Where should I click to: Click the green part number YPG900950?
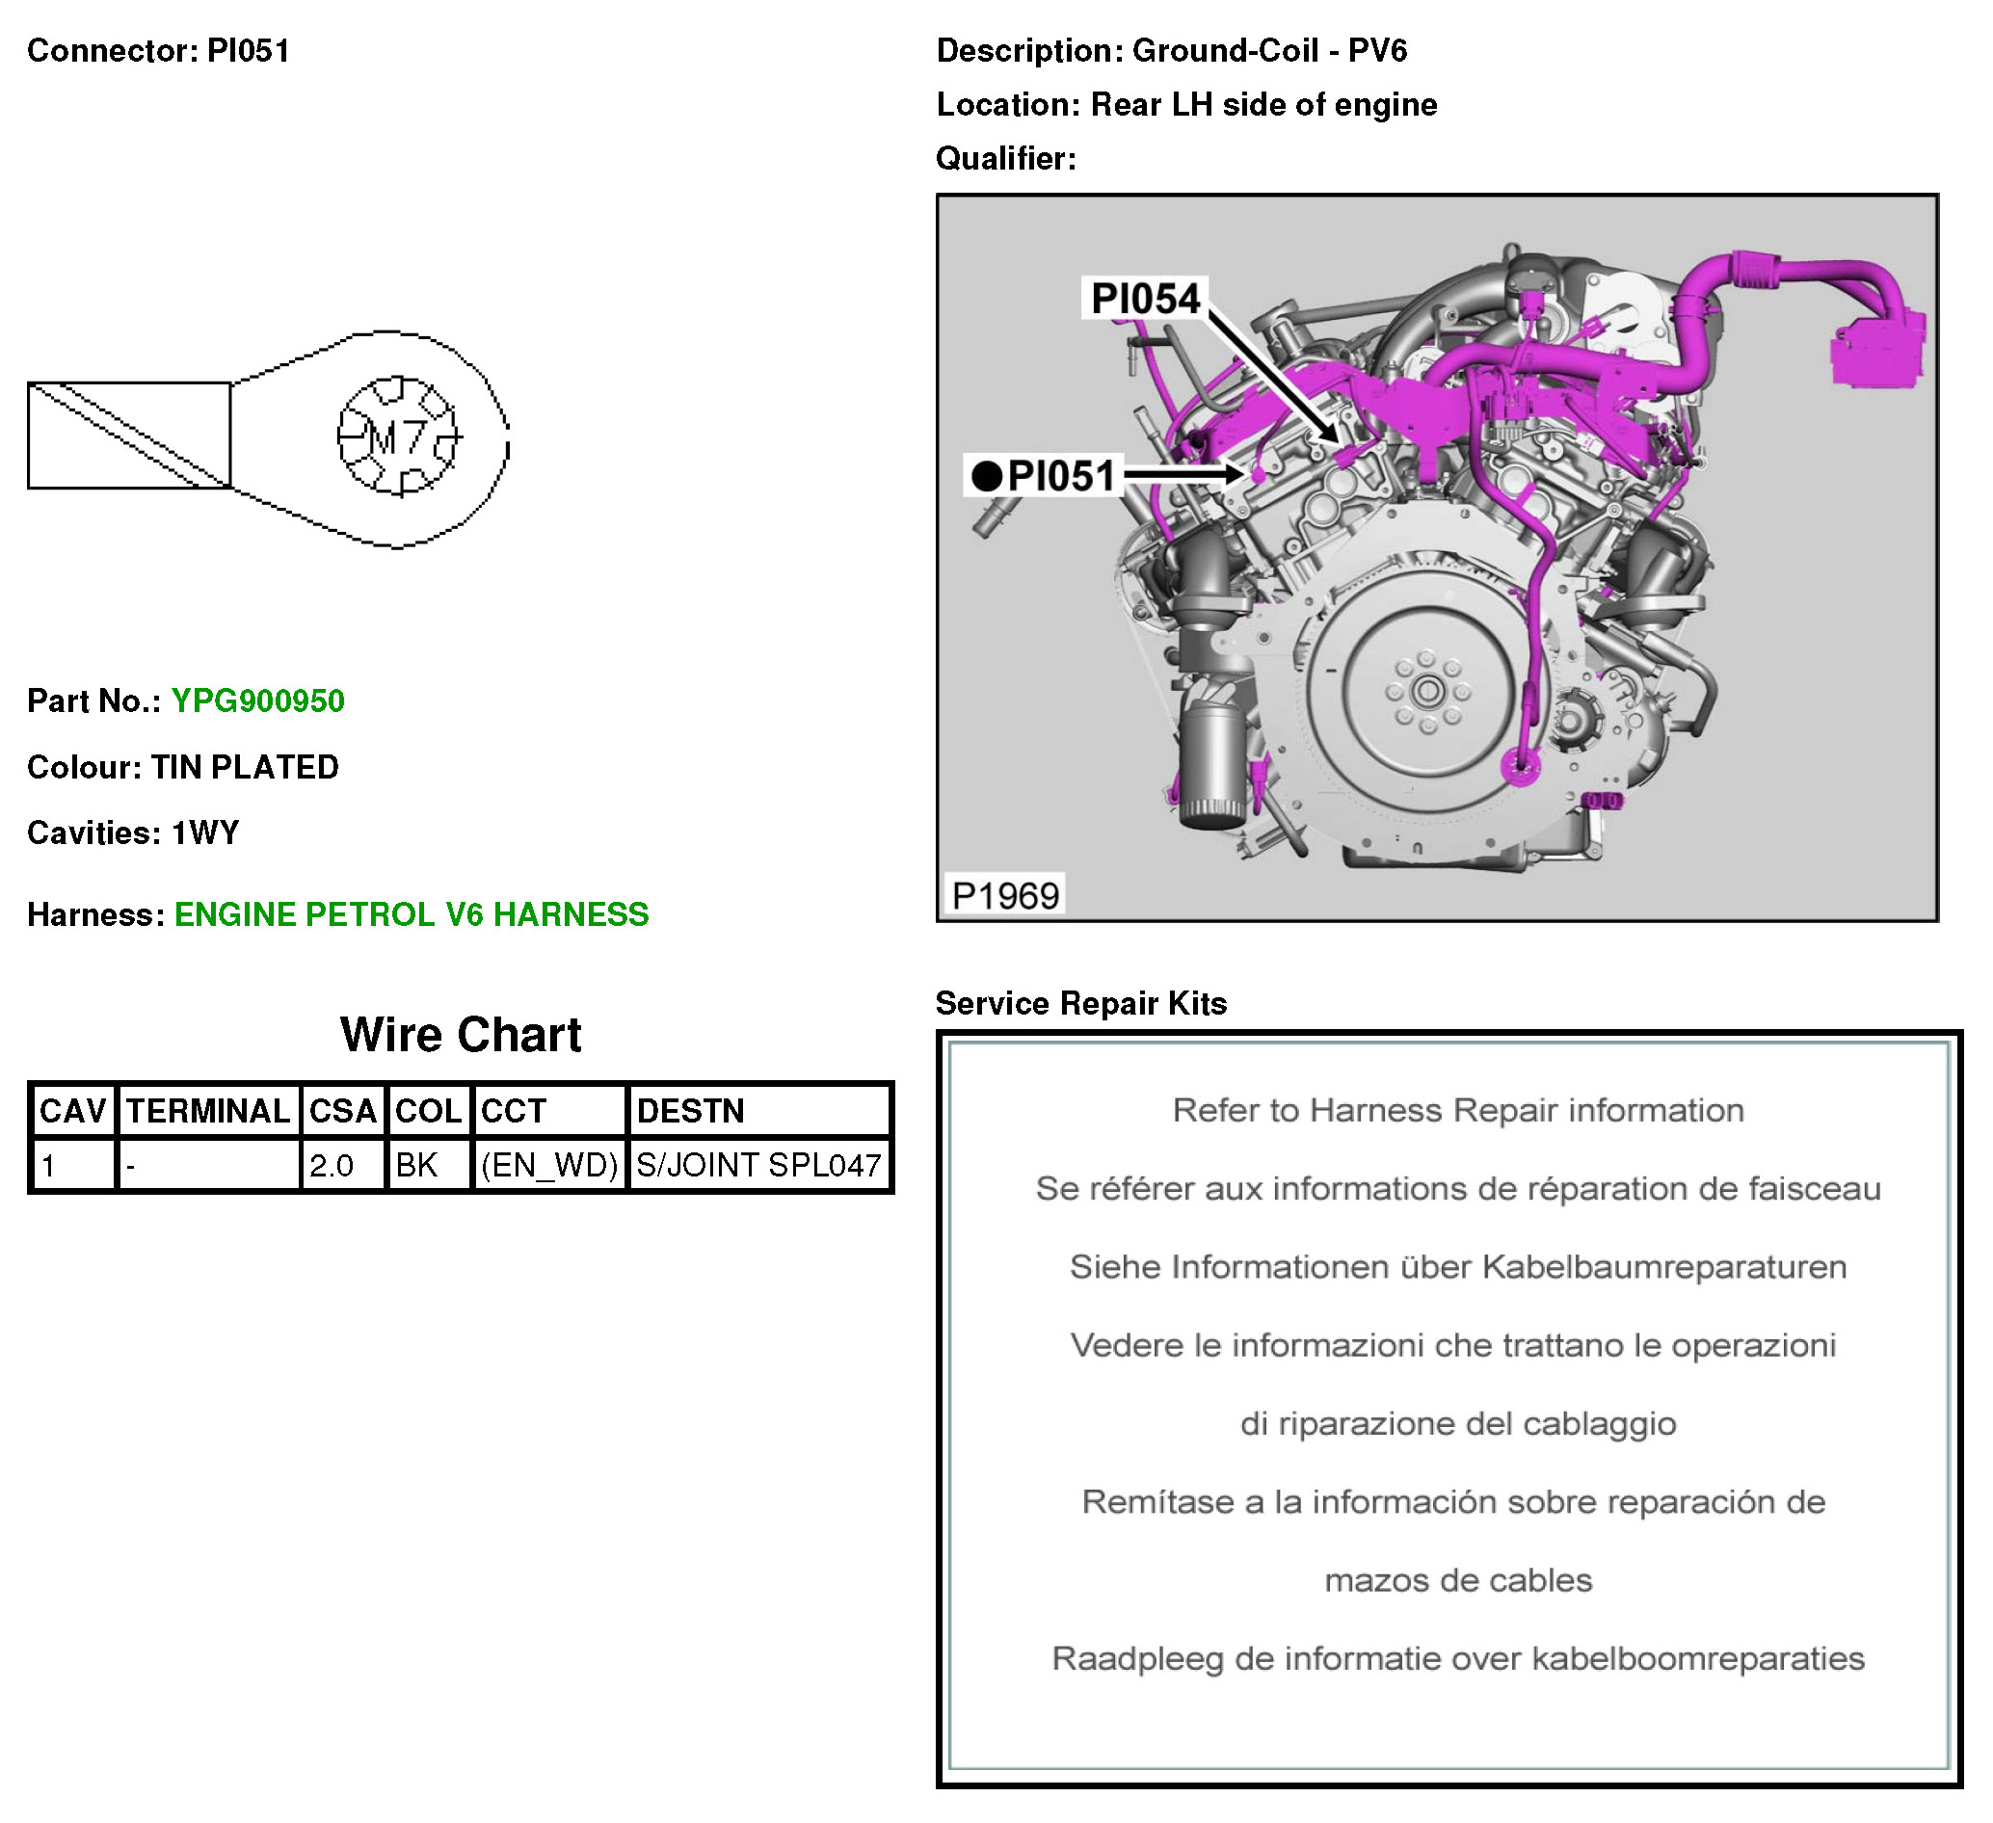coord(258,700)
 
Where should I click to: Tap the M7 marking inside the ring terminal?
coord(398,437)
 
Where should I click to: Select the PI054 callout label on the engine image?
coord(1146,299)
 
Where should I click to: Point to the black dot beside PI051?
coord(987,477)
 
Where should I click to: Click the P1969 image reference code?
coord(1005,896)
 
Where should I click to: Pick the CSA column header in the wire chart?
coord(343,1111)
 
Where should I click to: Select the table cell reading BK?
coord(416,1166)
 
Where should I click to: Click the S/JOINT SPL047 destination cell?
coord(758,1166)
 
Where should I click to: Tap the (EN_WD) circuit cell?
coord(549,1166)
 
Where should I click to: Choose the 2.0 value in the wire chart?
coord(332,1166)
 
